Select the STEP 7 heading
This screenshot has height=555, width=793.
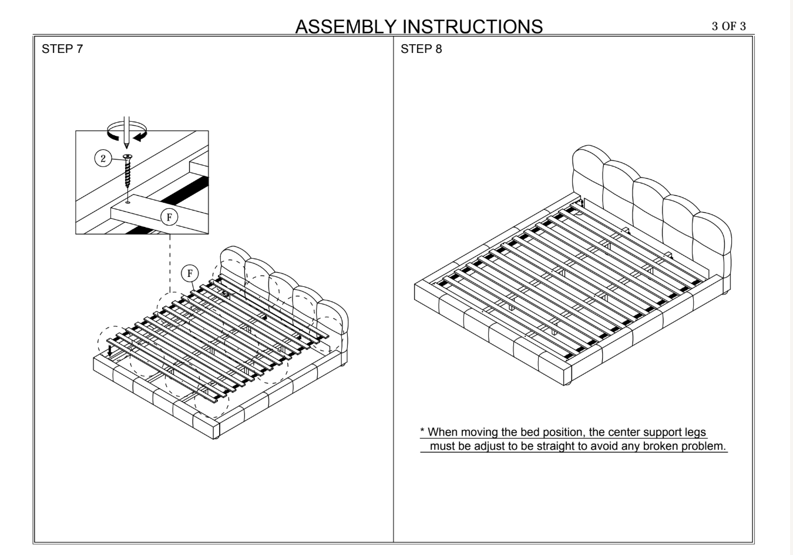click(x=62, y=49)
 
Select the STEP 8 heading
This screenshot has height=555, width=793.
click(x=421, y=49)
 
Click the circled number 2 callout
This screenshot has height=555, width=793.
click(x=103, y=159)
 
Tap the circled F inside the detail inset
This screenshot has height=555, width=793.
click(x=169, y=218)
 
